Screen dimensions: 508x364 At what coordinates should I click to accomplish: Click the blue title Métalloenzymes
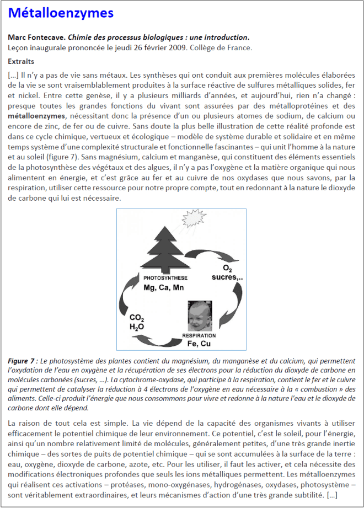(x=61, y=13)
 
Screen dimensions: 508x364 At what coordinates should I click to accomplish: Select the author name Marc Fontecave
(x=34, y=38)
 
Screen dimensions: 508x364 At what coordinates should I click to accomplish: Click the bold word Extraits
(x=22, y=61)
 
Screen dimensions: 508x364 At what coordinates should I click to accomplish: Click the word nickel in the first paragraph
(x=30, y=94)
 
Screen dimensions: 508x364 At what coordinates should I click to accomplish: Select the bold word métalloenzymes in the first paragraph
(x=37, y=116)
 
